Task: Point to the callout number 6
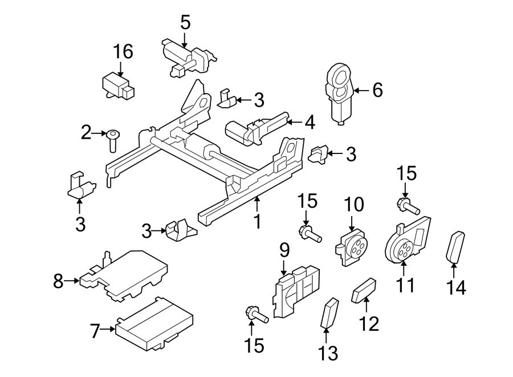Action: [x=377, y=90]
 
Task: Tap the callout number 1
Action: [x=257, y=221]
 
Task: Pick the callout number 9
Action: [x=284, y=250]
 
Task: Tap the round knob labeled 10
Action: [x=352, y=246]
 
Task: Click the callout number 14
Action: [x=456, y=287]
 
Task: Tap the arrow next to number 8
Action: [x=71, y=280]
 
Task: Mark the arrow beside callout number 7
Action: [x=107, y=329]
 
